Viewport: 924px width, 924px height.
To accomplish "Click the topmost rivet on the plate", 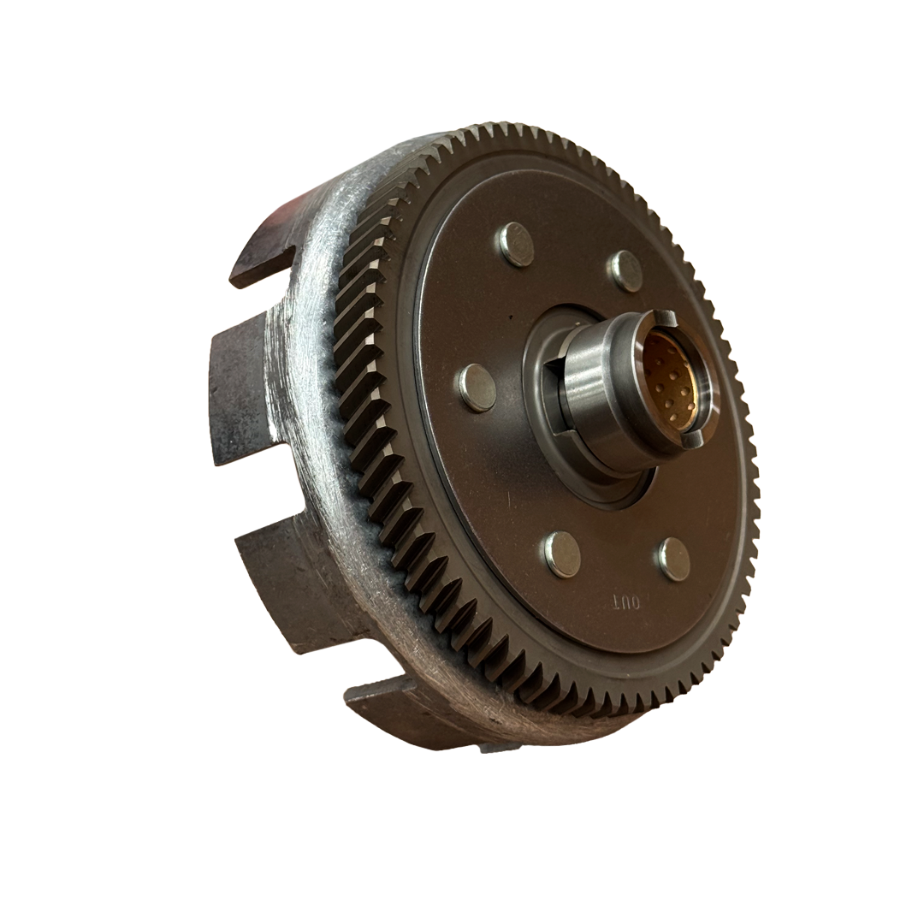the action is click(518, 244).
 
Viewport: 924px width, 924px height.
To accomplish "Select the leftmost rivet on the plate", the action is click(477, 388).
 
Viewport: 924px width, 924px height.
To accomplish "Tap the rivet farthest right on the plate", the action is click(674, 559).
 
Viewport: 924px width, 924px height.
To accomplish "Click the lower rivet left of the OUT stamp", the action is click(563, 554).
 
